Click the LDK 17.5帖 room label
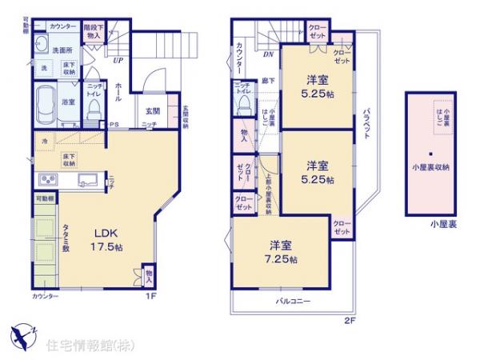coord(105,239)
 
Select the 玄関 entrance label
coord(152,111)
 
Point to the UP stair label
coord(118,59)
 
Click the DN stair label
coord(267,54)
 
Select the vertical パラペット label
coord(365,124)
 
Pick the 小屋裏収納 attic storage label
coord(430,167)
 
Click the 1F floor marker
coord(149,296)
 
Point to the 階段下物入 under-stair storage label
coord(93,31)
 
